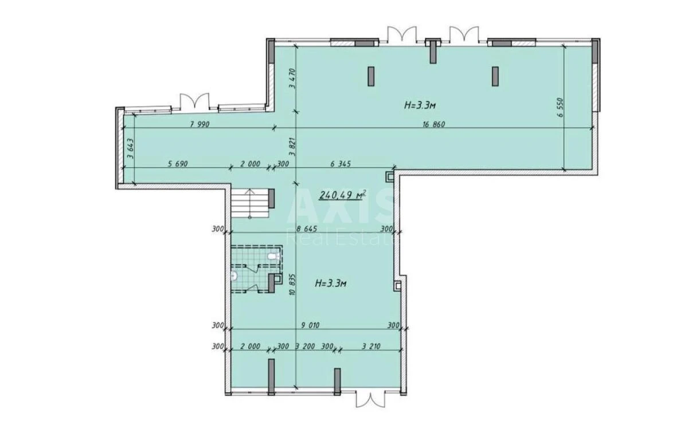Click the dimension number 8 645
(307, 229)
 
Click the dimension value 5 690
(178, 164)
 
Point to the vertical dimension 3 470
(292, 79)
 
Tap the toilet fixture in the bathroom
(234, 277)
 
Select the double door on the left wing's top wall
(191, 101)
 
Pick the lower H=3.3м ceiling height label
(333, 284)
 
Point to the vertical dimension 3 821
(292, 148)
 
